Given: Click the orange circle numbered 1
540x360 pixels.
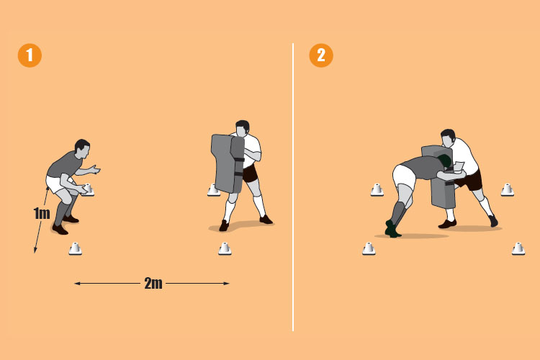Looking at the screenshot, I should click(x=30, y=56).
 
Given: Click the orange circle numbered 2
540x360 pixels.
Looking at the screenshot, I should click(x=321, y=56).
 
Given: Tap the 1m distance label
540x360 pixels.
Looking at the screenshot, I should click(x=42, y=214).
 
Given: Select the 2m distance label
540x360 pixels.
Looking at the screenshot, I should click(x=152, y=283).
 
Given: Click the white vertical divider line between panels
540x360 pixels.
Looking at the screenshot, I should click(x=293, y=187).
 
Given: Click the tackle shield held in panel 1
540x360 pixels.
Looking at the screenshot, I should click(x=227, y=162).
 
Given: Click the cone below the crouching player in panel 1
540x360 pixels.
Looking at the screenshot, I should click(x=76, y=249).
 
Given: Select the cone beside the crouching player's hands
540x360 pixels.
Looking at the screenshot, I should click(x=88, y=190).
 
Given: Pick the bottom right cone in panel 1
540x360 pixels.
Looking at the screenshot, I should click(x=225, y=249).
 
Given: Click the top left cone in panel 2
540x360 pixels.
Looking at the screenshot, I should click(x=377, y=189).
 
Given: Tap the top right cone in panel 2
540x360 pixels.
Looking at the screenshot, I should click(x=508, y=189).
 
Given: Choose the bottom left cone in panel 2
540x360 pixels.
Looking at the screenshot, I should click(x=369, y=249).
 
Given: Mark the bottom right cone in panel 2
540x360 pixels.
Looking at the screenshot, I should click(x=518, y=249).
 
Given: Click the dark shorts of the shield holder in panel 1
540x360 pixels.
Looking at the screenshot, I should click(x=250, y=174).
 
